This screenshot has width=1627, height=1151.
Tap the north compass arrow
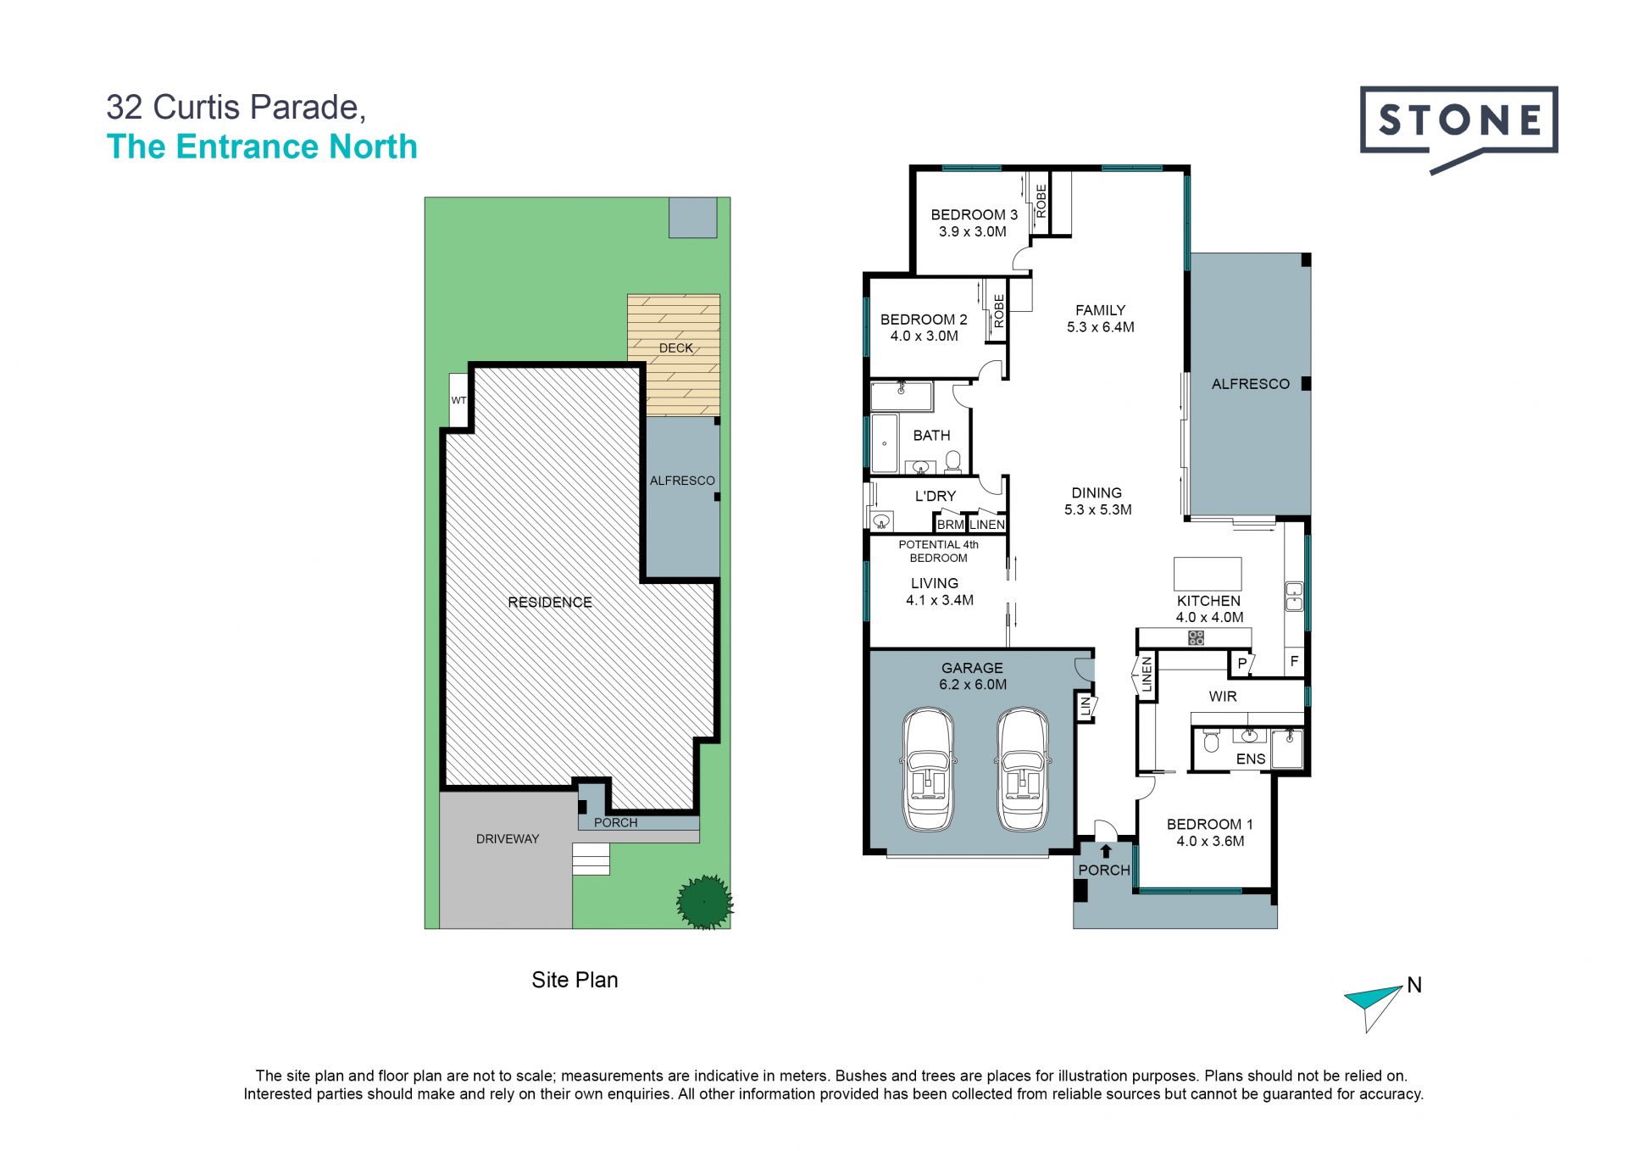click(1373, 1006)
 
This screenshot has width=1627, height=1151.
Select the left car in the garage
click(927, 770)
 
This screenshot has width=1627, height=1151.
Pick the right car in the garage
click(1023, 770)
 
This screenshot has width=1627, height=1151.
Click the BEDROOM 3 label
click(974, 214)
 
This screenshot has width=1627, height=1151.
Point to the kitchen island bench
click(1208, 574)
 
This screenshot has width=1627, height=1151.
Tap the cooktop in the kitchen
click(1196, 637)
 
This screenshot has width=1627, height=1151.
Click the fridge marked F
click(1293, 661)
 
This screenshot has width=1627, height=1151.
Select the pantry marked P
click(1241, 663)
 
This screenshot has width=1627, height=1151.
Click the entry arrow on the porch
click(1105, 851)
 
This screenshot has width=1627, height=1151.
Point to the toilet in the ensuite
click(1211, 742)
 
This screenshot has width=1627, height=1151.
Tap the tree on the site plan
click(704, 901)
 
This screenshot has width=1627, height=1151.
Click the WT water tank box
click(458, 400)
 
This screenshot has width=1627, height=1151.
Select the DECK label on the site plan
click(676, 348)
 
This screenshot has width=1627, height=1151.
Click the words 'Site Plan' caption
click(575, 980)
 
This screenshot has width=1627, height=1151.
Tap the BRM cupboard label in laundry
click(951, 525)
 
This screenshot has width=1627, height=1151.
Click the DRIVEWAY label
click(508, 839)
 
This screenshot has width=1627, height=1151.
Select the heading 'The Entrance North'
click(262, 147)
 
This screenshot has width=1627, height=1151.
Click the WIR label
click(1223, 696)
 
